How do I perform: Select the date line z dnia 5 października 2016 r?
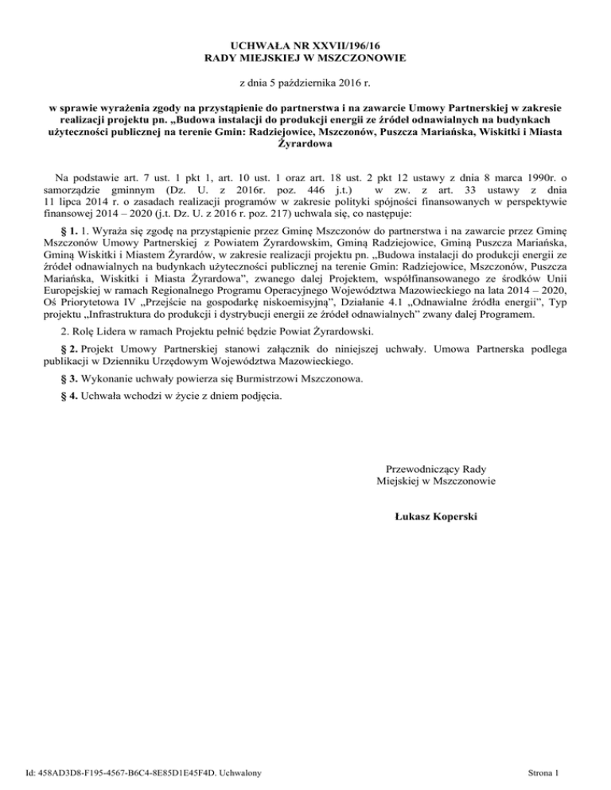pos(305,83)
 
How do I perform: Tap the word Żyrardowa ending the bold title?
pos(305,145)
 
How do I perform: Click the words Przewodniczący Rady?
pos(435,469)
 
